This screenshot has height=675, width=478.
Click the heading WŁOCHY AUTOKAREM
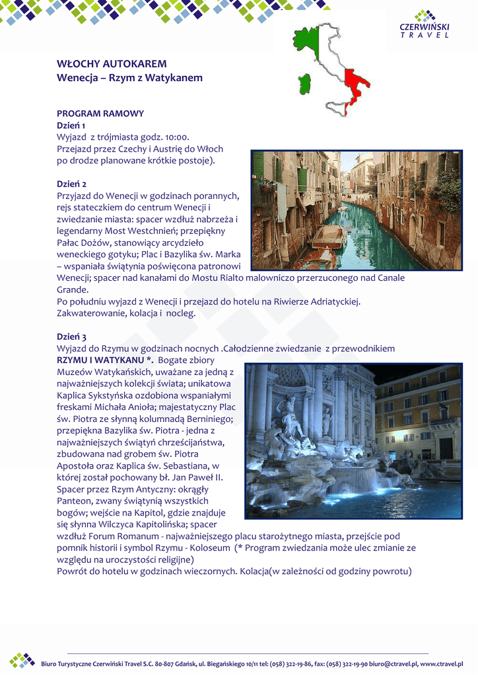[112, 64]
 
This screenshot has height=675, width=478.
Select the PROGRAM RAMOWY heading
[100, 113]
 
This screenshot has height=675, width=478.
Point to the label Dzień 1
[71, 125]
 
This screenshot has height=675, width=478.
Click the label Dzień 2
[71, 184]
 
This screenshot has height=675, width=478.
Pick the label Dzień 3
[71, 337]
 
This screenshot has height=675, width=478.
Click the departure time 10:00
[176, 137]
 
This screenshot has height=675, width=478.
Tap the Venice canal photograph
[357, 210]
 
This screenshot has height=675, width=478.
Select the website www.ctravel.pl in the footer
[445, 663]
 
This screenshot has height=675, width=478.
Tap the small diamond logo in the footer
[22, 660]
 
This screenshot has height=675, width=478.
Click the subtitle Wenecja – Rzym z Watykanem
[129, 78]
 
